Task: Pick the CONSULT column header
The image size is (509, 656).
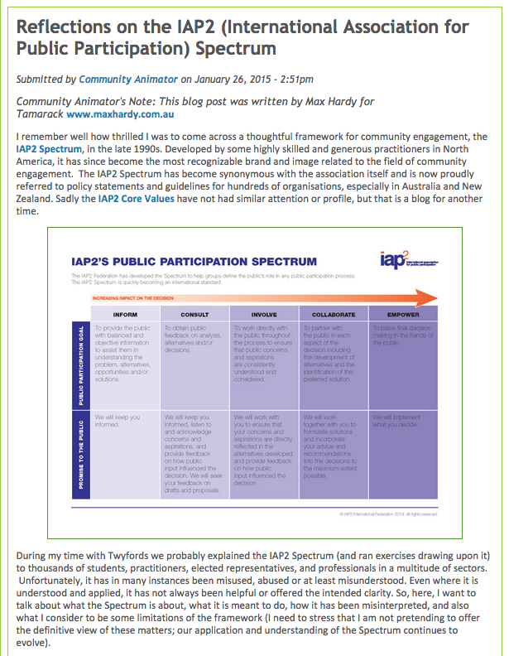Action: (x=193, y=315)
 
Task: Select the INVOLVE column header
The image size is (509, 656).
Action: (x=265, y=315)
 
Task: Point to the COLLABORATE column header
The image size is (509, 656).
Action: (x=334, y=315)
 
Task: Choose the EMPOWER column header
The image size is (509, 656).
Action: (x=403, y=315)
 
